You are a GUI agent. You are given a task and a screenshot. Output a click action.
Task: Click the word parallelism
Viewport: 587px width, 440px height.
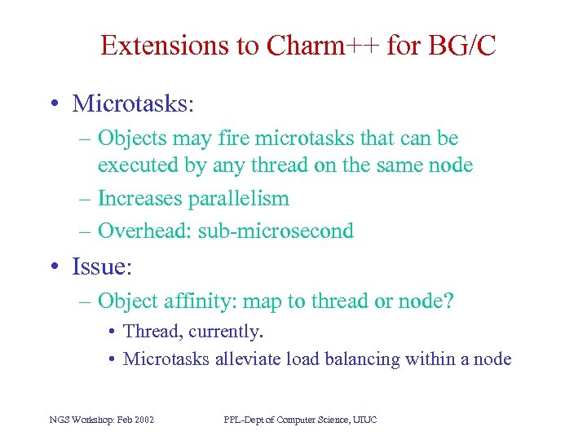click(239, 198)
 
